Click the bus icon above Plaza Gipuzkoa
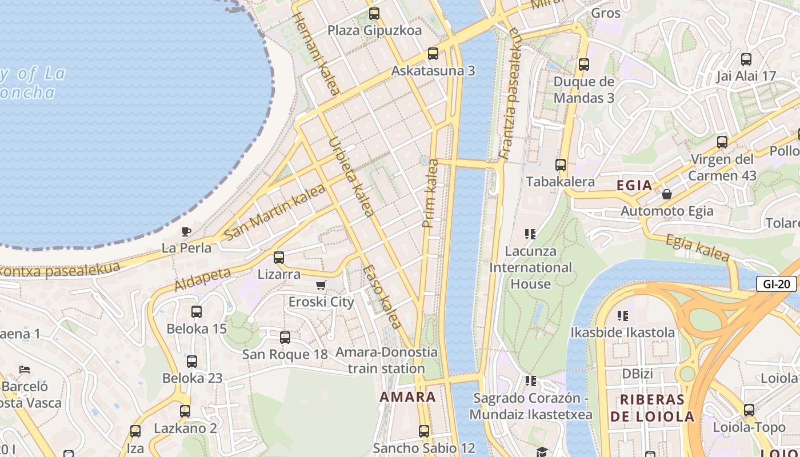pos(374,14)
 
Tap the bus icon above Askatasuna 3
pos(433,54)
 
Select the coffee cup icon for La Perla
pos(186,231)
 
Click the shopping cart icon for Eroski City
pos(321,285)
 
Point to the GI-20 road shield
pos(776,284)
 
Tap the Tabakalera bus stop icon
pos(561,165)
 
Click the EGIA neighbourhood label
pos(634,185)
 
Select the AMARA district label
pos(408,397)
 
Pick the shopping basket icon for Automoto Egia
pos(666,195)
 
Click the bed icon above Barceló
pos(25,370)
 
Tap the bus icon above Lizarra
pos(279,258)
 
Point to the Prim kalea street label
pos(431,193)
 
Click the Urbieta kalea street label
pos(351,177)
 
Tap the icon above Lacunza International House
pos(530,234)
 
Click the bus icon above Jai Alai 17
pos(746,59)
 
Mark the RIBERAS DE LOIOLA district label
pos(652,408)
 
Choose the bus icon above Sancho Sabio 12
pos(424,431)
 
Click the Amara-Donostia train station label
pos(386,360)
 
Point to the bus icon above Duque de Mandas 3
pos(583,65)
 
